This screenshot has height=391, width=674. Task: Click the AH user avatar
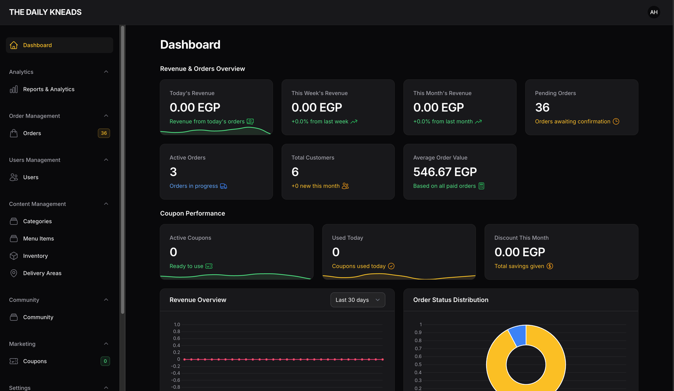pyautogui.click(x=653, y=12)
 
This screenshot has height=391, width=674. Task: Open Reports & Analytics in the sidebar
pyautogui.click(x=48, y=89)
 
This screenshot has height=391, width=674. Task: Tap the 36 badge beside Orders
pyautogui.click(x=104, y=133)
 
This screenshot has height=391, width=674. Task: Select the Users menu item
pyautogui.click(x=30, y=177)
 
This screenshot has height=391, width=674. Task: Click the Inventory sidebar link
pyautogui.click(x=35, y=256)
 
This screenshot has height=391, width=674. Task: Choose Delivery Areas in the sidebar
pyautogui.click(x=42, y=273)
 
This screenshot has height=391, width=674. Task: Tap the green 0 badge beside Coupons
pyautogui.click(x=105, y=361)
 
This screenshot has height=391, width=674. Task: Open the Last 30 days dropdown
pyautogui.click(x=358, y=300)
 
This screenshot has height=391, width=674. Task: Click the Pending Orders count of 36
pyautogui.click(x=542, y=107)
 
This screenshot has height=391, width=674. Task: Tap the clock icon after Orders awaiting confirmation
pyautogui.click(x=616, y=121)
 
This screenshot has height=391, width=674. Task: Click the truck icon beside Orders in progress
pyautogui.click(x=223, y=186)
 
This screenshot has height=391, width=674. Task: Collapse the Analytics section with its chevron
pyautogui.click(x=106, y=72)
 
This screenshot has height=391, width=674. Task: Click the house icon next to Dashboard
pyautogui.click(x=13, y=45)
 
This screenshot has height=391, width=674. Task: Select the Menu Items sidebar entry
pyautogui.click(x=38, y=238)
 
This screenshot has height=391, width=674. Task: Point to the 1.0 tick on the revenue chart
pyautogui.click(x=177, y=324)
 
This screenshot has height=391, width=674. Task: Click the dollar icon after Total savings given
pyautogui.click(x=550, y=266)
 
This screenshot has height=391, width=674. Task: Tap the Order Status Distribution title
pyautogui.click(x=450, y=300)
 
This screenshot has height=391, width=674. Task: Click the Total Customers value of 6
pyautogui.click(x=295, y=172)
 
